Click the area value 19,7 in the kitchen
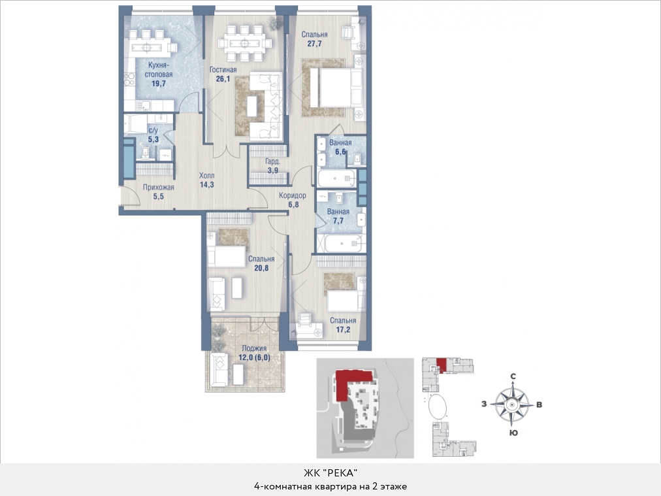coord(159,84)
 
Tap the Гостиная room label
coord(223,69)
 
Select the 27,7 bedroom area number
coord(314,43)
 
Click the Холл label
coord(206,175)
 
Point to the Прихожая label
coord(158,188)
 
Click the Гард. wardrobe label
coord(273,161)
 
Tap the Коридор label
coord(293,195)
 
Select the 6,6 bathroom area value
coord(340,152)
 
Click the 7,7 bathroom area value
coord(338,221)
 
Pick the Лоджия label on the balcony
coord(254,348)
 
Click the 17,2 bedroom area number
coord(343,330)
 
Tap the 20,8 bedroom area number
coord(261,268)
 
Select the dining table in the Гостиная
coord(244,43)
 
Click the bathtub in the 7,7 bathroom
coord(341,243)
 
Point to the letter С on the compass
coord(513,376)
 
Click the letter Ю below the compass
coord(513,433)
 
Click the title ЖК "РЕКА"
coord(330,472)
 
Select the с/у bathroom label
coord(153,130)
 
